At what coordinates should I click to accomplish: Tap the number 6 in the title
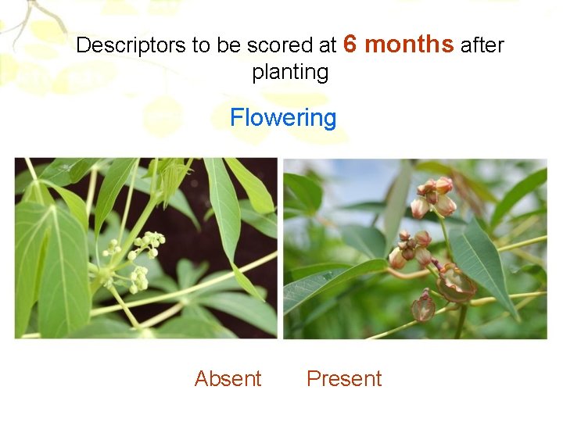point(350,44)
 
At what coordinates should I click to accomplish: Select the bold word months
point(409,44)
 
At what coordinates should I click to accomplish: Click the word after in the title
point(482,45)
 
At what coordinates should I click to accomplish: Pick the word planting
point(290,72)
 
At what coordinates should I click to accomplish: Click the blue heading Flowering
point(283,118)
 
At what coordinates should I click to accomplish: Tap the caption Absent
point(228,379)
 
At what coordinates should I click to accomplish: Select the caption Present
point(344,379)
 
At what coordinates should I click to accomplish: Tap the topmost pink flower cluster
point(435,197)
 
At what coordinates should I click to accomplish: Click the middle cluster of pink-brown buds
point(413,248)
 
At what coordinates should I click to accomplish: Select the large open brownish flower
point(455,283)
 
